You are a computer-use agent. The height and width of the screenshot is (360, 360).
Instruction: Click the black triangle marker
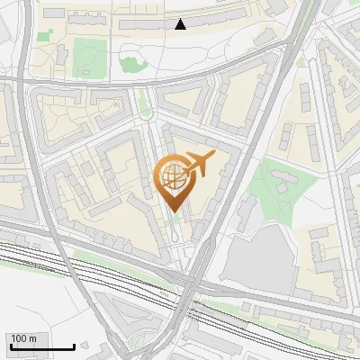[180, 24]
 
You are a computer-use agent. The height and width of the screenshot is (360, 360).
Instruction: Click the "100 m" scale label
[23, 338]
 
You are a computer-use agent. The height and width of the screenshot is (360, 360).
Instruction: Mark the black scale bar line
[41, 346]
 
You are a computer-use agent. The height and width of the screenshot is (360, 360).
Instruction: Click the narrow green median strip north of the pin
[144, 107]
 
